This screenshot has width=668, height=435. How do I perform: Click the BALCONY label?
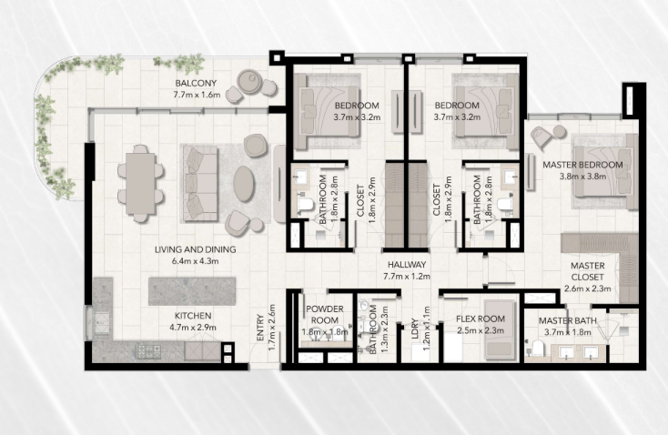(x=196, y=83)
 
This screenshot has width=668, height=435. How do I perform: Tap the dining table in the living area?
(x=140, y=184)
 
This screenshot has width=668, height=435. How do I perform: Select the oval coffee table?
(x=244, y=184)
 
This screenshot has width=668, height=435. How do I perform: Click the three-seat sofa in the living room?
(x=200, y=184)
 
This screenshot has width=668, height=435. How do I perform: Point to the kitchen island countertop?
(x=192, y=291)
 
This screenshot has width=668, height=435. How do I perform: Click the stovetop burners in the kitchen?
(x=148, y=351)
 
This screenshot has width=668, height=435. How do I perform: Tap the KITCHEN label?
(x=193, y=316)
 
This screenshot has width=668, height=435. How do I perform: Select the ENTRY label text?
(x=260, y=328)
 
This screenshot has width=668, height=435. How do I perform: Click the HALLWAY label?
(x=407, y=265)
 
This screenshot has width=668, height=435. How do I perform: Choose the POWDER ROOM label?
(x=325, y=315)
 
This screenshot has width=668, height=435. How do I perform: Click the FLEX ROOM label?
(x=481, y=319)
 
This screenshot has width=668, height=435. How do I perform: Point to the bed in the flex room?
(x=500, y=329)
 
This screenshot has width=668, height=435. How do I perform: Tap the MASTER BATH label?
(x=568, y=321)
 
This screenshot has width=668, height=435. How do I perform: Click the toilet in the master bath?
(x=537, y=348)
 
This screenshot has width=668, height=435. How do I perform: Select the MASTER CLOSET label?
(x=588, y=271)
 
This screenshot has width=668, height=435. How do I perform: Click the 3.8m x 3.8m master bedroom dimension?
(x=582, y=176)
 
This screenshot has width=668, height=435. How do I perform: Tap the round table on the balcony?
(x=248, y=81)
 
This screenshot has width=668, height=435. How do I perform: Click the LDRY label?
(x=415, y=329)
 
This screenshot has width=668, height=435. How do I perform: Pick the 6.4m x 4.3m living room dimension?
(x=195, y=261)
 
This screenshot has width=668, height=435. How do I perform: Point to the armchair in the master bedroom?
(x=542, y=137)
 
